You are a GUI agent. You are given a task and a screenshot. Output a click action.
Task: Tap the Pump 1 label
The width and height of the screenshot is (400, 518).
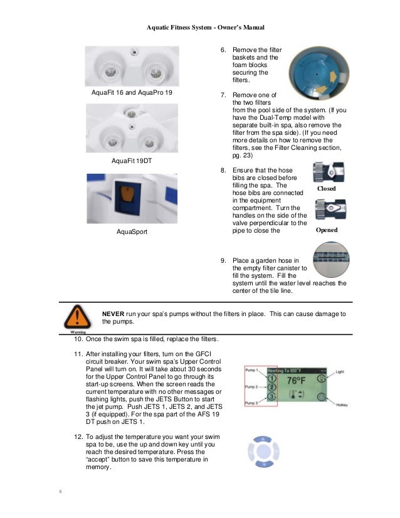point(252,371)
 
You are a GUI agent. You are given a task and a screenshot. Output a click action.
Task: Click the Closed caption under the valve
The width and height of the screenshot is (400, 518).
point(326,188)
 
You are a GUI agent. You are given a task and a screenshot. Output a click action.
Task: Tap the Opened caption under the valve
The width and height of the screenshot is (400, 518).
point(327,230)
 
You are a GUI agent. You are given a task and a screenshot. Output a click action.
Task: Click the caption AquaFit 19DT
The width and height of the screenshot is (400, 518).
point(132,161)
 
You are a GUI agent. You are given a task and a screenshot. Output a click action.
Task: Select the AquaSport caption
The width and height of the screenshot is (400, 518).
point(132,231)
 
